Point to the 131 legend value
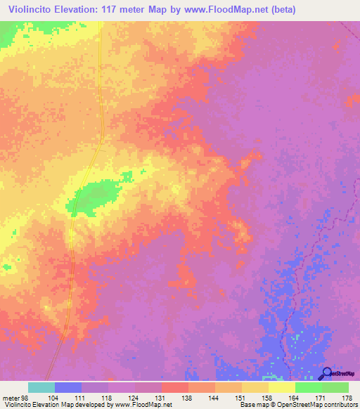[x=161, y=397]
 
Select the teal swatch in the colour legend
[x=41, y=387]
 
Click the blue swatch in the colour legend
[x=68, y=387]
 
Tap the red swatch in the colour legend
[x=175, y=387]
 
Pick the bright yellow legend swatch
[x=282, y=387]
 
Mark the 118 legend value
[x=107, y=397]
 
